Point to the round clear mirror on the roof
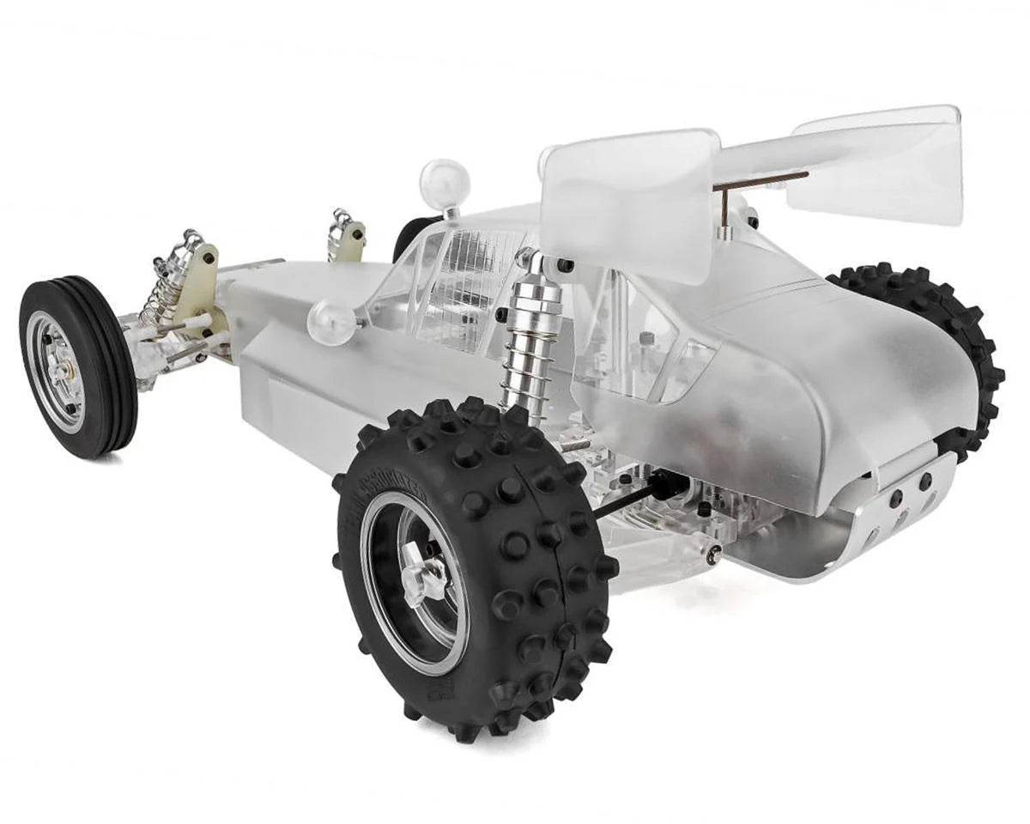click(445, 182)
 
